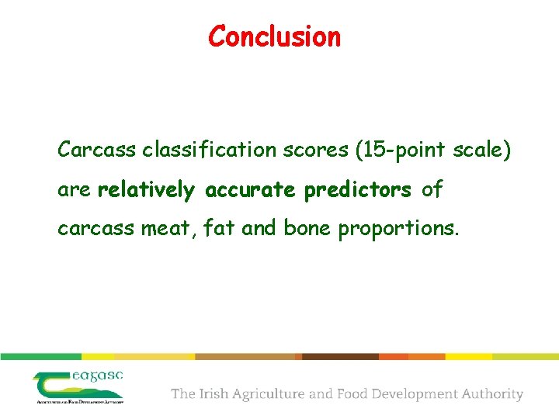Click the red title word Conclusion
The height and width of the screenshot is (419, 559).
click(x=274, y=36)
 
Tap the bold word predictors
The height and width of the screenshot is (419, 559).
click(x=358, y=190)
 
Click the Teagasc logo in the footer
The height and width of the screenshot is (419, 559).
click(x=78, y=386)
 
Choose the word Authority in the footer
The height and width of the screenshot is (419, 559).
click(x=491, y=394)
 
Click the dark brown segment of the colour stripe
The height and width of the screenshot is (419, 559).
click(x=340, y=357)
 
